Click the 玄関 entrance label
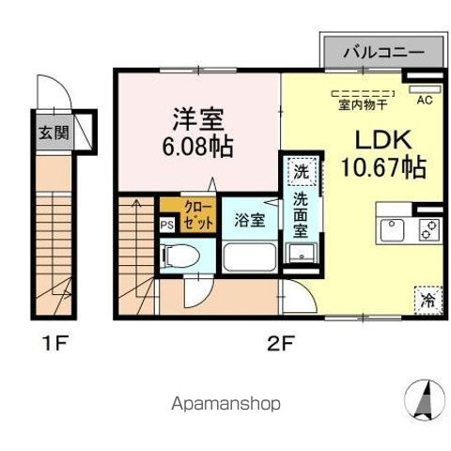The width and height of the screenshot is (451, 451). (x=52, y=132)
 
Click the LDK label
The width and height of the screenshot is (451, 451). (x=381, y=140)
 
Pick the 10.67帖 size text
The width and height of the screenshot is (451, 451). (x=390, y=169)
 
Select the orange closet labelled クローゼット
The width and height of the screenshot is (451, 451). (x=178, y=208)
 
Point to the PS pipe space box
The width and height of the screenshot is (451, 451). (x=166, y=225)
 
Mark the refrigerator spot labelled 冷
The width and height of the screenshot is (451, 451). (x=427, y=301)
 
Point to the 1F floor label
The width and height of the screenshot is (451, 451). (x=55, y=344)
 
